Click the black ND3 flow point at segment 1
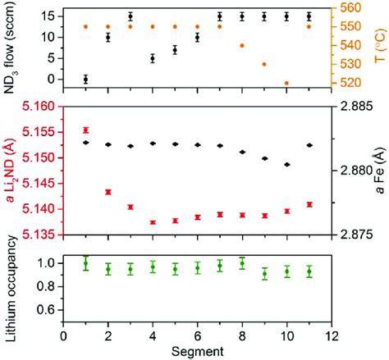[x=86, y=79]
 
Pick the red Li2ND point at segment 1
[x=86, y=130]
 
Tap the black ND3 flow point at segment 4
[x=153, y=58]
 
